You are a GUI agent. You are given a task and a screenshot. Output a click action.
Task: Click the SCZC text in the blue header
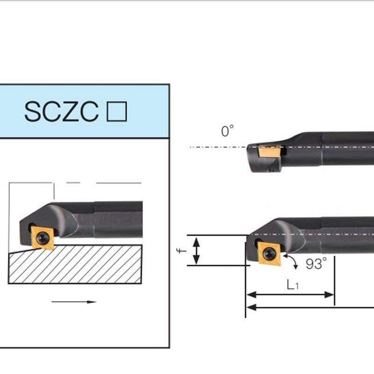click(61, 112)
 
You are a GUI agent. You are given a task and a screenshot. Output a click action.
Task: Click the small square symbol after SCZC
click(117, 112)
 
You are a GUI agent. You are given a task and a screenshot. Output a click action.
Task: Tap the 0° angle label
click(227, 132)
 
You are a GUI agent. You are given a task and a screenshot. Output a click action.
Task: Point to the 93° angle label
click(316, 264)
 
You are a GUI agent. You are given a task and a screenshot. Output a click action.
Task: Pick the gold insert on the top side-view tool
click(268, 151)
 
